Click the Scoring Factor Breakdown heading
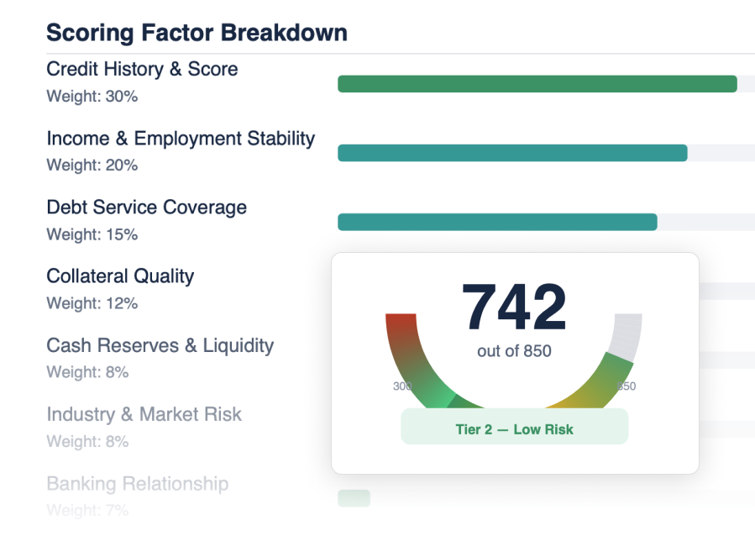pos(197,33)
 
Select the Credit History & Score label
pos(142,69)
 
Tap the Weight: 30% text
pos(92,97)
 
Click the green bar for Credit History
pos(537,84)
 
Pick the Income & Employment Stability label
pos(181,138)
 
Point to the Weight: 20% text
pos(92,166)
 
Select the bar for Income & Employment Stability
pos(512,153)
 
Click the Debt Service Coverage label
pos(146,208)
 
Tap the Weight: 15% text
pos(92,234)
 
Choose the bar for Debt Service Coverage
pos(497,222)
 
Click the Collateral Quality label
pos(120,276)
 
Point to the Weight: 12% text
pos(92,303)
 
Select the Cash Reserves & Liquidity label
pos(160,345)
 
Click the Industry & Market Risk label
pos(144,414)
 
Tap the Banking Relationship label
pos(137,484)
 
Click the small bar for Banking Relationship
pos(354,498)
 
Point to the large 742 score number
pos(514,307)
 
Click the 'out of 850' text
pos(514,351)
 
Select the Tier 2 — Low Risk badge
pos(514,429)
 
